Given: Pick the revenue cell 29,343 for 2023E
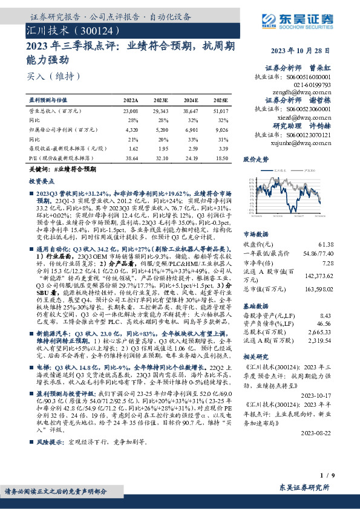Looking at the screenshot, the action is tap(161, 112).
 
